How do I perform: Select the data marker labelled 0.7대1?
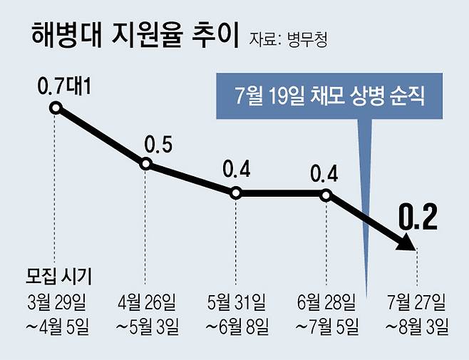[56, 108]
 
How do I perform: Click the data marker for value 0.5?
[145, 164]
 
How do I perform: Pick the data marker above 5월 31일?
[236, 192]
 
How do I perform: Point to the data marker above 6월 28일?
[326, 192]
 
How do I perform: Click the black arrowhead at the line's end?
[406, 242]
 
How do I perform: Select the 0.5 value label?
[158, 145]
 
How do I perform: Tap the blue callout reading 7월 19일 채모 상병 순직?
[329, 96]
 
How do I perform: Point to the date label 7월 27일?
[416, 302]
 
